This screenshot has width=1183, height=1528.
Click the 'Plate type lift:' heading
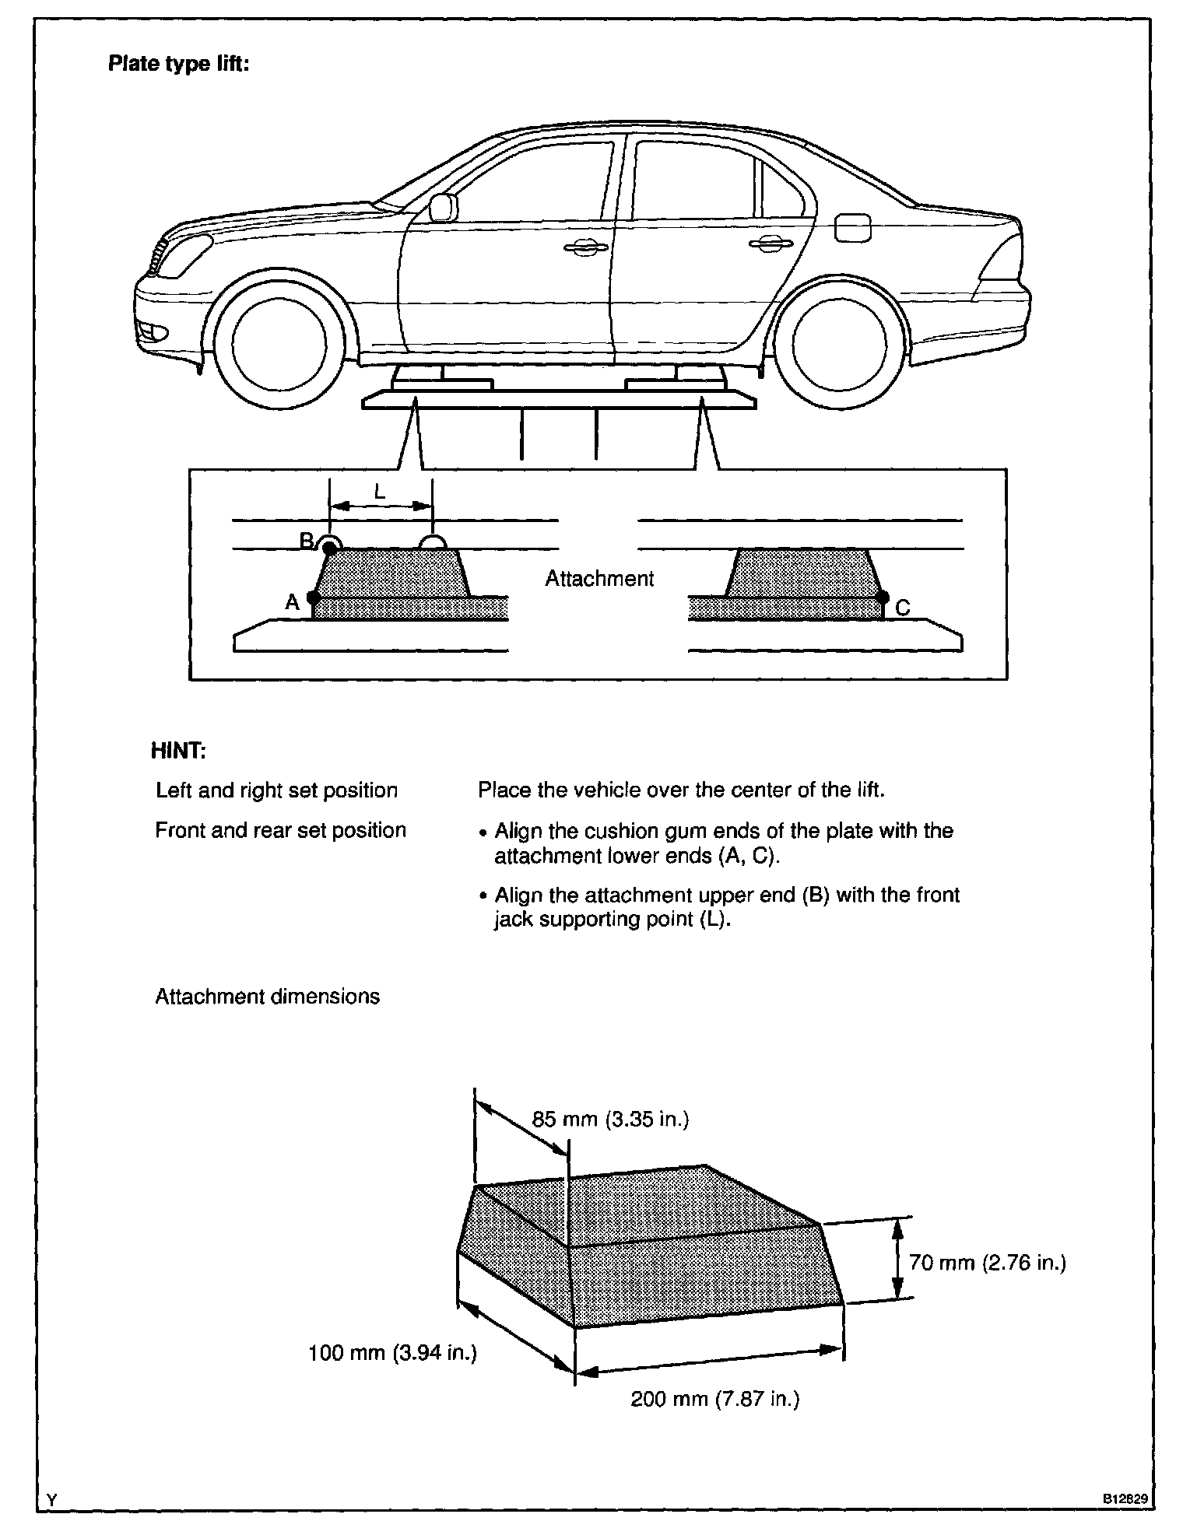[178, 64]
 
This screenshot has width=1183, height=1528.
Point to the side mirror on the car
[442, 207]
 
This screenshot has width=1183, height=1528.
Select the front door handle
[585, 247]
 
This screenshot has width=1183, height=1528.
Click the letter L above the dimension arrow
[380, 492]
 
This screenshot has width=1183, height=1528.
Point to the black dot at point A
[313, 598]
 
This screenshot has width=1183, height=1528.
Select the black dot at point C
[883, 598]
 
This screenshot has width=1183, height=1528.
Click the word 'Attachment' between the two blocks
[599, 579]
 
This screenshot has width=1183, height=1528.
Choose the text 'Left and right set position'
[276, 790]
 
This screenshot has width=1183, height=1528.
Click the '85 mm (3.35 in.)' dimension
[610, 1119]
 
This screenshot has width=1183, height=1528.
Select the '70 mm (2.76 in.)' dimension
[987, 1262]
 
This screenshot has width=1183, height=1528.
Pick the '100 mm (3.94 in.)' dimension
[392, 1353]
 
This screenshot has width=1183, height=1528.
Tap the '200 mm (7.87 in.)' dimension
[714, 1400]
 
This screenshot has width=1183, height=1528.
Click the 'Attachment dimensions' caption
[267, 997]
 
